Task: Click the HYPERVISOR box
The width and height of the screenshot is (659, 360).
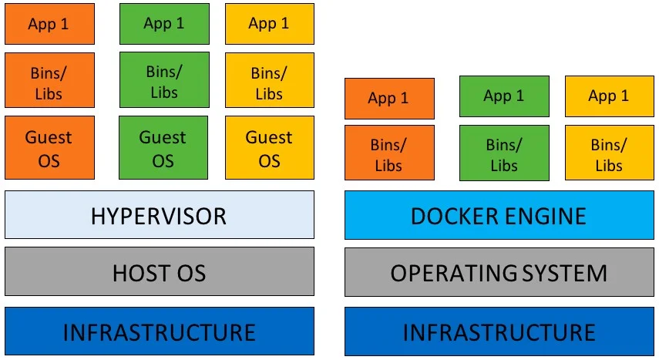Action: pos(160,214)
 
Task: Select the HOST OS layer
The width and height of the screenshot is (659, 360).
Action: pos(160,271)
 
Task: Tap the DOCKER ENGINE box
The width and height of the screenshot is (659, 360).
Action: pos(499,214)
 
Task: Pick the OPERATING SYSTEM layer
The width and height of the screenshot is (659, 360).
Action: pos(499,271)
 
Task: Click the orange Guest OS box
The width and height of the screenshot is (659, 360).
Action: pos(49,148)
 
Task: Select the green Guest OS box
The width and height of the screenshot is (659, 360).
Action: pos(163,148)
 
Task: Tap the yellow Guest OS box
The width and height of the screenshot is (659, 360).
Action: pos(270,148)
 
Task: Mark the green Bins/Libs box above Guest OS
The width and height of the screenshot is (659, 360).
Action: pos(163,80)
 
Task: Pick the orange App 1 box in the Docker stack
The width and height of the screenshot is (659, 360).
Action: pos(389,99)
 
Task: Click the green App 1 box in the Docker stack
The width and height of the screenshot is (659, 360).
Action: pos(504,96)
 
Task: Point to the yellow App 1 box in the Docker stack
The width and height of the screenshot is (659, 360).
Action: pos(609,96)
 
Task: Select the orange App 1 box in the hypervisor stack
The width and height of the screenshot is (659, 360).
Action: pos(49,24)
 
